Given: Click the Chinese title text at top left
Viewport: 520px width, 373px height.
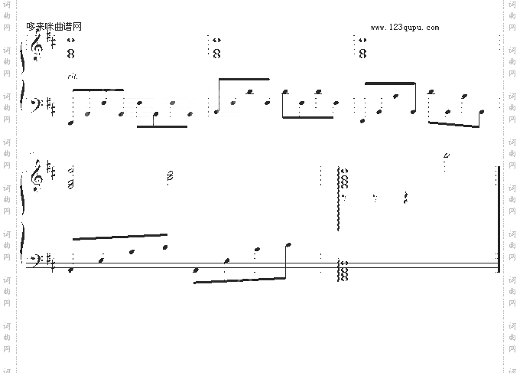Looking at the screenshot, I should click(54, 27).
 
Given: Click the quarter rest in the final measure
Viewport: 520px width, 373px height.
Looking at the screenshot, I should click(406, 198).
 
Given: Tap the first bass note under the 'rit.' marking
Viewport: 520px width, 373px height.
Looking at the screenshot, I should click(72, 121).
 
